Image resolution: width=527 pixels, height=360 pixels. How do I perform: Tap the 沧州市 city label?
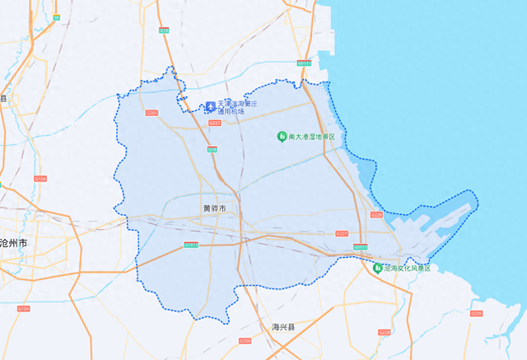tap(14, 244)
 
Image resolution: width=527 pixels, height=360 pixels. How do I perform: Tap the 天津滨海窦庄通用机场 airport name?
tap(238, 106)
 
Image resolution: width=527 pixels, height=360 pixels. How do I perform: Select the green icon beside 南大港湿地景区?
tap(281, 136)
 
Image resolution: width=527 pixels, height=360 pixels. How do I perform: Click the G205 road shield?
tap(152, 113)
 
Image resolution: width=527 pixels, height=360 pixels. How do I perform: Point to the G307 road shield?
tap(343, 234)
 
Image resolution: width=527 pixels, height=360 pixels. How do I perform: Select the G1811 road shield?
tap(191, 244)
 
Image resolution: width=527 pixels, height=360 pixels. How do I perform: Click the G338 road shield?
tap(244, 340)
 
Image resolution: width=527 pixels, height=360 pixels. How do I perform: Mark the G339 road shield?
tap(476, 313)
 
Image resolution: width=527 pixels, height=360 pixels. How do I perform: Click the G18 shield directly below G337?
tap(212, 150)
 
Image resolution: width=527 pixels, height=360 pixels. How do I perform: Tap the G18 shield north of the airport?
tap(164, 30)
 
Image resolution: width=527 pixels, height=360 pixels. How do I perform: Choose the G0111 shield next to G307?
tap(360, 246)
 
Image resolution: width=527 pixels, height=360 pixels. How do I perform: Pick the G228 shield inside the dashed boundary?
tap(376, 214)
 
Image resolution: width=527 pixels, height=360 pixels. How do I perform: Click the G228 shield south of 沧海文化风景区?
tap(385, 332)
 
